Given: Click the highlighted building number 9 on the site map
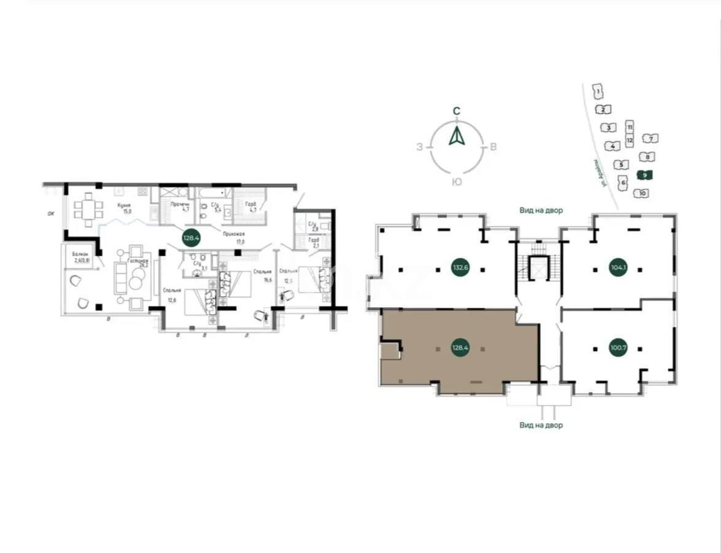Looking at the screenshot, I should click(644, 175).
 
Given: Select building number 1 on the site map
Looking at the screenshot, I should click(598, 92).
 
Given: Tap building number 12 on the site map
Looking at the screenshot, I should click(629, 140).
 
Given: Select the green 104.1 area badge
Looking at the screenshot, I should click(618, 267).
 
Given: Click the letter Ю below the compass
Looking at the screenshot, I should click(456, 182).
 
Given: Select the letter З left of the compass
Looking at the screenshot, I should click(420, 147).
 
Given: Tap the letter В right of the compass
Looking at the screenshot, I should click(493, 147).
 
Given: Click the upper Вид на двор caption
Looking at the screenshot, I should click(540, 210).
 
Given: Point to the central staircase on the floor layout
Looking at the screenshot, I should click(538, 267).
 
